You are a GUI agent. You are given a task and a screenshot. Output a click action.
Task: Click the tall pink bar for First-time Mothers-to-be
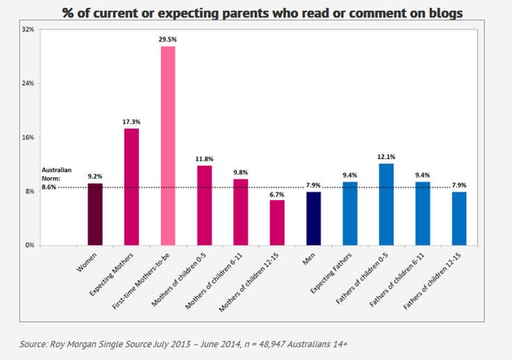(168, 146)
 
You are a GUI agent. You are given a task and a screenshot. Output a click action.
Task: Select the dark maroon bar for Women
(95, 214)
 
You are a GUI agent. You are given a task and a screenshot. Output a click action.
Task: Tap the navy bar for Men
(314, 218)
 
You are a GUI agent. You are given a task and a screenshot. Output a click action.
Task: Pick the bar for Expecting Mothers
(131, 186)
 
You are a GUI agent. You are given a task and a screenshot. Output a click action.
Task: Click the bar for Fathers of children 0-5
(386, 204)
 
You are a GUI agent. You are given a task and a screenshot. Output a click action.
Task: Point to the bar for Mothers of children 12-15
(277, 222)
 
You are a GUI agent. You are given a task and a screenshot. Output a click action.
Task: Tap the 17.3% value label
(131, 122)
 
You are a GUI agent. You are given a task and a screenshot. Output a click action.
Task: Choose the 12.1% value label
(386, 157)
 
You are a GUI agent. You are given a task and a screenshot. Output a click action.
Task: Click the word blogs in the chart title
(444, 13)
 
